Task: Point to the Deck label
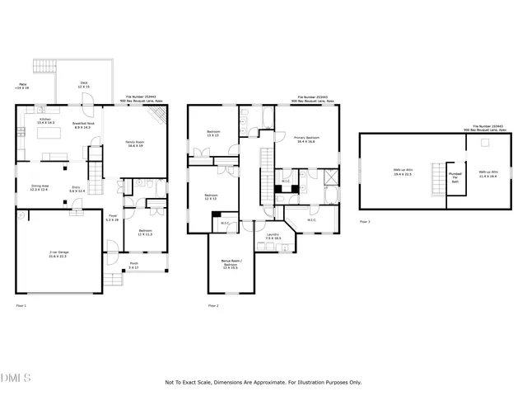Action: point(84,84)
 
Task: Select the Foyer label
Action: point(113,219)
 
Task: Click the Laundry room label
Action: point(273,236)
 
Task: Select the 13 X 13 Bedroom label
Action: point(213,134)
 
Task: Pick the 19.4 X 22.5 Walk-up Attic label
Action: point(403,172)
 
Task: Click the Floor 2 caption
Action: point(212,306)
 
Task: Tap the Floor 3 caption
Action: point(365,222)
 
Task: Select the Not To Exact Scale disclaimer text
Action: point(263,382)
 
